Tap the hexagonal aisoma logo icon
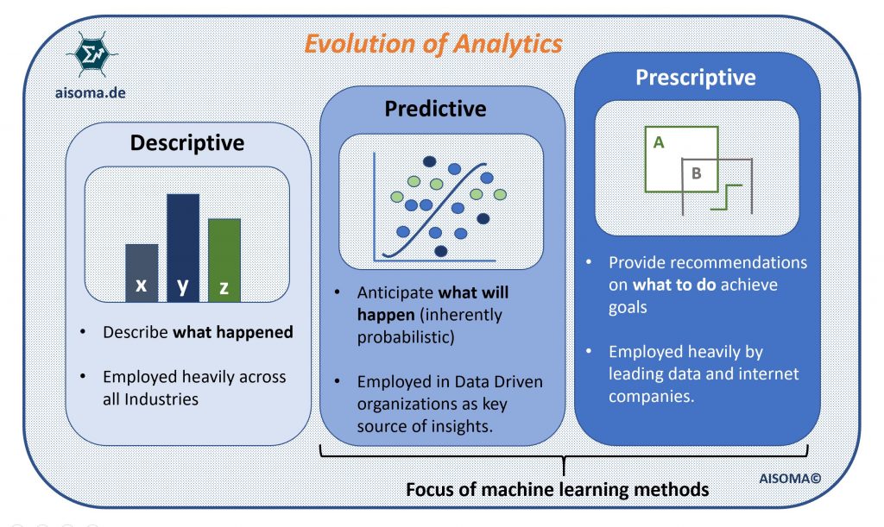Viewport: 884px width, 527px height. pos(91,53)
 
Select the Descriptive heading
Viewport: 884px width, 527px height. pos(186,142)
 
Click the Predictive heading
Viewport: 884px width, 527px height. pos(435,109)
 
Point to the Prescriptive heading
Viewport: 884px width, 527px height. pos(695,78)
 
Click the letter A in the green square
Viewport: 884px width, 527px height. pos(659,143)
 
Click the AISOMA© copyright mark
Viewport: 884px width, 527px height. pos(790,474)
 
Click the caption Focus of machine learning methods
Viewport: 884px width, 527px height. pos(557,490)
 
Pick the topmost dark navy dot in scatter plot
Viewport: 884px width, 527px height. pos(429,161)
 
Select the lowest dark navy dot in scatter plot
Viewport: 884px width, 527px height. pos(441,251)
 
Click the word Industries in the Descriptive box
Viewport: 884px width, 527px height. pos(163,399)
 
